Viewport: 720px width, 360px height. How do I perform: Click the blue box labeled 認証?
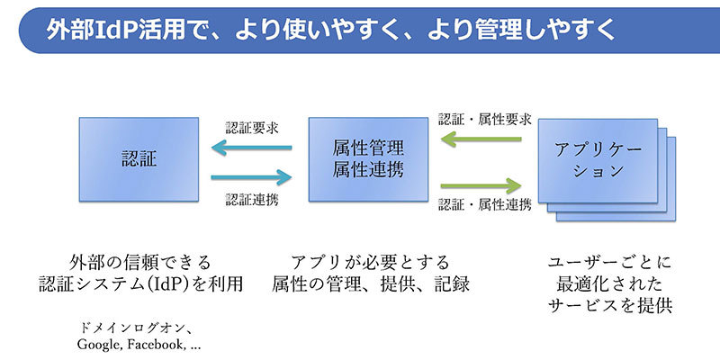click(x=139, y=159)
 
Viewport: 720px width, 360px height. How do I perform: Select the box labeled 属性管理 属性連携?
click(x=368, y=159)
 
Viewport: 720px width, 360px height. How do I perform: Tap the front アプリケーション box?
click(x=598, y=161)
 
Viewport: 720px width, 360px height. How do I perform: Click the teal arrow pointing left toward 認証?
click(x=252, y=148)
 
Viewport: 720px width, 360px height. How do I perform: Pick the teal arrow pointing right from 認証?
click(x=252, y=176)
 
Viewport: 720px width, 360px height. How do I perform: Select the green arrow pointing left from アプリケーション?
click(x=481, y=139)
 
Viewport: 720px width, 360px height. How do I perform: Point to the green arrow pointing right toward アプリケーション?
click(x=481, y=185)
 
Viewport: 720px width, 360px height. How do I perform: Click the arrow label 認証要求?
click(x=252, y=127)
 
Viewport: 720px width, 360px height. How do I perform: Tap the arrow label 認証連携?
click(x=252, y=199)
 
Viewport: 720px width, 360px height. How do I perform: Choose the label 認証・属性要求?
click(x=485, y=120)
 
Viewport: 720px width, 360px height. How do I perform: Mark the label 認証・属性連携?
click(x=485, y=204)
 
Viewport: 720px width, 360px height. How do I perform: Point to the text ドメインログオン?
click(x=135, y=328)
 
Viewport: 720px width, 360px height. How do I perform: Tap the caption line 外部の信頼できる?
click(x=139, y=263)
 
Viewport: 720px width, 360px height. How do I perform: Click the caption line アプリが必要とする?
click(x=370, y=263)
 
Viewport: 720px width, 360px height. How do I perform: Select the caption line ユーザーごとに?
click(x=610, y=263)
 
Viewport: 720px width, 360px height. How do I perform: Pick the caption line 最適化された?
click(x=610, y=283)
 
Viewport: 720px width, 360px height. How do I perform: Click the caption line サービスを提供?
click(x=610, y=305)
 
